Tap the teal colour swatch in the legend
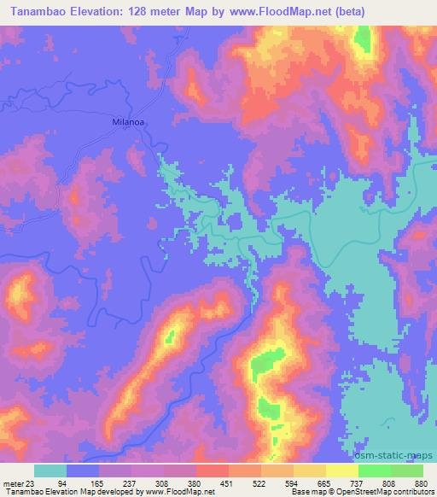(50, 471)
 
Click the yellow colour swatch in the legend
(341, 471)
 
